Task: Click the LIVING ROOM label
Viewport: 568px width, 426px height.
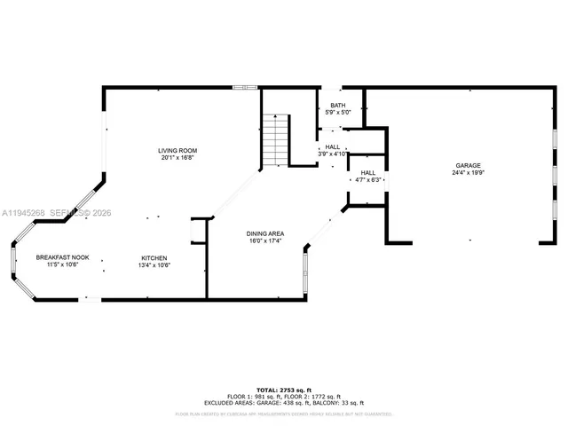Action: click(x=177, y=151)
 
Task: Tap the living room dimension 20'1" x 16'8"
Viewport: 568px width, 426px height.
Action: click(x=177, y=158)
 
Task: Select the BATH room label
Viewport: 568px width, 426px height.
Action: click(x=338, y=106)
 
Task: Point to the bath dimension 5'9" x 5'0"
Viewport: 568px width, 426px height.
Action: click(x=338, y=113)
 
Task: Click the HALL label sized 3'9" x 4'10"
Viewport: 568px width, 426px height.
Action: click(x=332, y=146)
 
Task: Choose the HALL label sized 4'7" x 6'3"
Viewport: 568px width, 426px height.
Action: click(x=367, y=173)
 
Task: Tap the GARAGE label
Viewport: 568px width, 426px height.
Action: click(x=468, y=166)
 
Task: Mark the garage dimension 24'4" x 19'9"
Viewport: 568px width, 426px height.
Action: click(x=468, y=173)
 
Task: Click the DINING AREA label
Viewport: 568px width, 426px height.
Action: click(x=264, y=233)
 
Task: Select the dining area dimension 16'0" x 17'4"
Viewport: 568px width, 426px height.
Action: click(x=264, y=241)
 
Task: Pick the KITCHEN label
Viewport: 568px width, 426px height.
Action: click(x=154, y=257)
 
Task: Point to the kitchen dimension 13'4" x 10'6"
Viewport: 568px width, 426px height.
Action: click(x=154, y=264)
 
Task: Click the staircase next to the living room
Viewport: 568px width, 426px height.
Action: click(x=277, y=141)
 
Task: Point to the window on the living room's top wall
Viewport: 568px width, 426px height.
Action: click(x=245, y=87)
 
